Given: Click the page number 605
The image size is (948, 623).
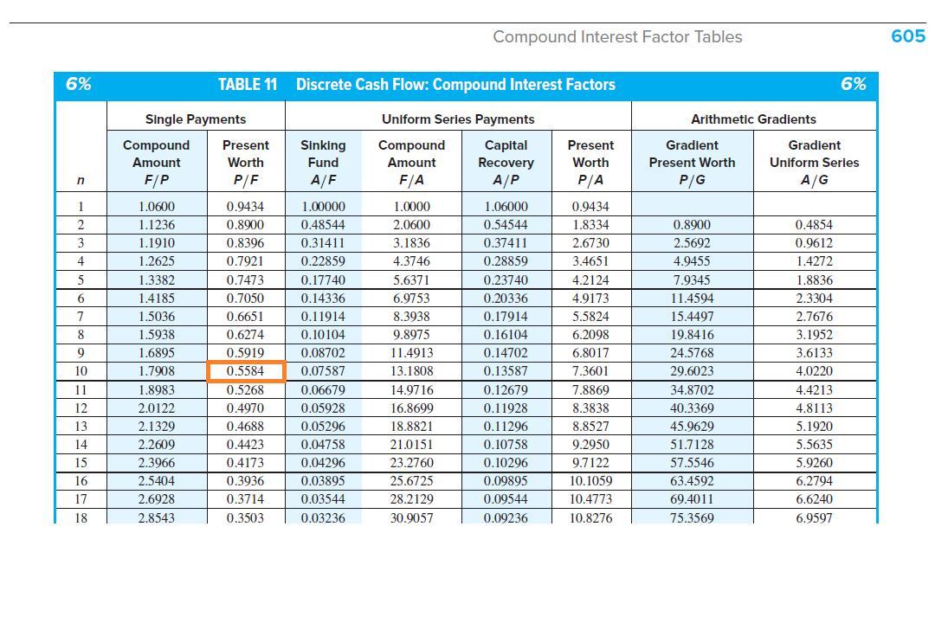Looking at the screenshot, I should tap(908, 36).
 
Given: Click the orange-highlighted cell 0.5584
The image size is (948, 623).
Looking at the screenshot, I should tap(246, 372).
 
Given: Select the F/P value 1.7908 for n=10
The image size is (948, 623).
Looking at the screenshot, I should tap(156, 372).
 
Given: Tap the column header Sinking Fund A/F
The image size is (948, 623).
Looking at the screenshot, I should tap(323, 162).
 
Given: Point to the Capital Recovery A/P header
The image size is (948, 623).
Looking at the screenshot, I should tap(506, 162).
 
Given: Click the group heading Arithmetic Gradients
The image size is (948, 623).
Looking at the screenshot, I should tap(753, 119).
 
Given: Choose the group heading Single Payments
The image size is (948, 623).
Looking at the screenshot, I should tap(196, 119).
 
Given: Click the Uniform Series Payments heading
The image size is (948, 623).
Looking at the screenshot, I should tap(458, 119).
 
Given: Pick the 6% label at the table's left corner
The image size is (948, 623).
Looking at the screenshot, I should tap(79, 84).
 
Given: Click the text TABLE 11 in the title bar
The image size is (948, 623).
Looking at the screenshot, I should tap(248, 84).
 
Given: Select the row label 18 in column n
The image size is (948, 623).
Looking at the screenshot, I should tap(81, 518).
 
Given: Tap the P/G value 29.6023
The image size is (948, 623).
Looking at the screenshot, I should tap(693, 372).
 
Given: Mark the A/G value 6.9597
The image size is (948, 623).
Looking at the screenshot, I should tap(814, 518).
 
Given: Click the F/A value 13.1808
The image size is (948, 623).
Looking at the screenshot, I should tap(411, 372).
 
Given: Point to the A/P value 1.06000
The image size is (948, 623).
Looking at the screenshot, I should tap(506, 207).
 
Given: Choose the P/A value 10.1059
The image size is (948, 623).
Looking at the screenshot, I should tap(592, 482).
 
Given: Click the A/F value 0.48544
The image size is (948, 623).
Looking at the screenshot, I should tap(323, 225).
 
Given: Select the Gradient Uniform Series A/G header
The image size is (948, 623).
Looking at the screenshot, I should tap(814, 162).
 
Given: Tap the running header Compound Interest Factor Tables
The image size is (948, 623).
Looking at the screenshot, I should tap(617, 36).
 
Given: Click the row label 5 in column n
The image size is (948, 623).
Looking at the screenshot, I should tap(81, 280).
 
